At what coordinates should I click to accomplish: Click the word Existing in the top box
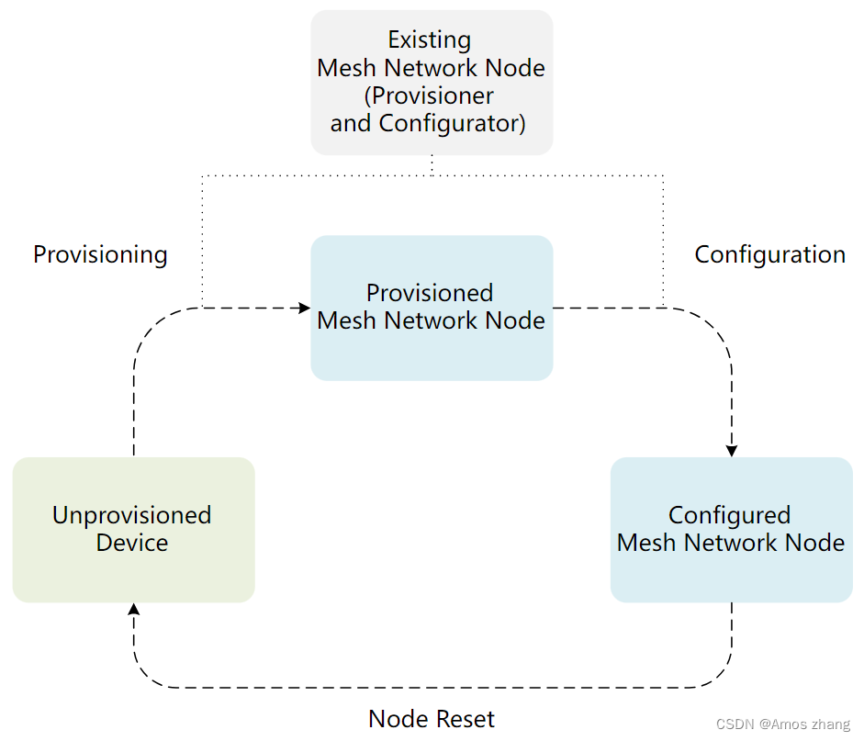429,40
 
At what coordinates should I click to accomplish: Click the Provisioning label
100,254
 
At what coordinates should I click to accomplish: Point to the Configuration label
769,254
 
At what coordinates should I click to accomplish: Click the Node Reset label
432,718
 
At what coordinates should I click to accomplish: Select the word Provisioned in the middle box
430,293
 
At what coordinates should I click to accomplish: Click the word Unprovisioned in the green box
131,515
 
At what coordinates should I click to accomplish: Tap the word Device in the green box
131,543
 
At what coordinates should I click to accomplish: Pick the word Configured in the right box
729,515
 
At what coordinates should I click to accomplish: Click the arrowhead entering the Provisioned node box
305,308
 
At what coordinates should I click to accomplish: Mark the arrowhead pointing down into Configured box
732,451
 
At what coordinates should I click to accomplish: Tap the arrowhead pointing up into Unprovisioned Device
134,610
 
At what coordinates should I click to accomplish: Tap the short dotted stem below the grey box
432,164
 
